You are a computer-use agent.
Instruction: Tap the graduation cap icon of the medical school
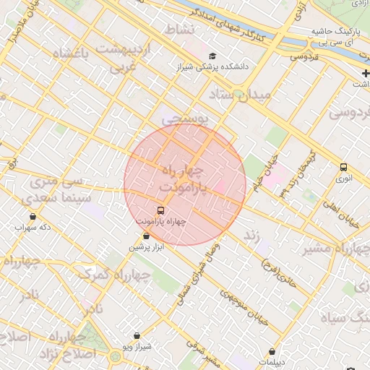(x=212, y=56)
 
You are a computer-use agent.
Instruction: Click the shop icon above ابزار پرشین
(x=147, y=236)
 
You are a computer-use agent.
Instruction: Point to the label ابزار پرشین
(x=147, y=247)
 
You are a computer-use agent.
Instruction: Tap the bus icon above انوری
(x=343, y=167)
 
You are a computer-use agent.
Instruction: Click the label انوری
(x=344, y=178)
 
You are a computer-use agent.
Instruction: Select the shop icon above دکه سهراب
(x=33, y=216)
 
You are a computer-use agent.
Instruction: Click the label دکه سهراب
(x=33, y=227)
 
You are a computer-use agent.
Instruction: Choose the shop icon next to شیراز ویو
(x=137, y=336)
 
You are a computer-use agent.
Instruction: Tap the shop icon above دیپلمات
(x=272, y=351)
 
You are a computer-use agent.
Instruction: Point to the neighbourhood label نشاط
(x=181, y=30)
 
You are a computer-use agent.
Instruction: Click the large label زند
(x=250, y=236)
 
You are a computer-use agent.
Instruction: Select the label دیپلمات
(x=272, y=362)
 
